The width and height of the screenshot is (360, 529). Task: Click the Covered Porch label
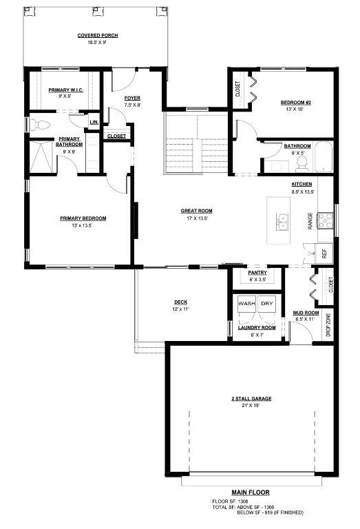pyautogui.click(x=98, y=35)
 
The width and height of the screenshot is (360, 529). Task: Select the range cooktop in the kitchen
pyautogui.click(x=326, y=220)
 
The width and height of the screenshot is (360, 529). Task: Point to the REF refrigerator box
pyautogui.click(x=324, y=253)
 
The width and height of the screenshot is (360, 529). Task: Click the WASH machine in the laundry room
pyautogui.click(x=246, y=304)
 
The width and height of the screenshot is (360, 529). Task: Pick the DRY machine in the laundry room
pyautogui.click(x=267, y=304)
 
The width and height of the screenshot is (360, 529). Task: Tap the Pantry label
pyautogui.click(x=257, y=273)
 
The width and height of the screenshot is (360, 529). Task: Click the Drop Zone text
pyautogui.click(x=328, y=325)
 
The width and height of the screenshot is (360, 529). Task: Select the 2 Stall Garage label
pyautogui.click(x=251, y=398)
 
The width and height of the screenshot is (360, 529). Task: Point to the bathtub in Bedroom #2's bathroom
pyautogui.click(x=324, y=157)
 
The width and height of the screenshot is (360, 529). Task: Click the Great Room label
pyautogui.click(x=196, y=211)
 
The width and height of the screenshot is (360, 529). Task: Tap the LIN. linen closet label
pyautogui.click(x=94, y=122)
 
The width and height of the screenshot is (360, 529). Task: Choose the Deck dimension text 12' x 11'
pyautogui.click(x=181, y=309)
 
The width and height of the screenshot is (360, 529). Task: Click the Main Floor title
pyautogui.click(x=251, y=492)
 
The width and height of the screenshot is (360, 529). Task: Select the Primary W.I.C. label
pyautogui.click(x=66, y=90)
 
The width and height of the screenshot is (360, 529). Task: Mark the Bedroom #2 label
pyautogui.click(x=295, y=103)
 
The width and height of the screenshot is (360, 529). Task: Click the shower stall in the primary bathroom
pyautogui.click(x=41, y=157)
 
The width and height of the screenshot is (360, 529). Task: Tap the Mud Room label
pyautogui.click(x=306, y=313)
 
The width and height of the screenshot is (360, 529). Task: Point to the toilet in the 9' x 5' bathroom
pyautogui.click(x=301, y=165)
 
